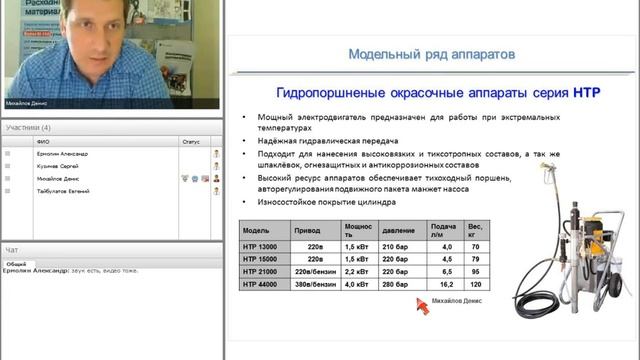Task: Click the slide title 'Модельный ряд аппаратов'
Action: coord(431,53)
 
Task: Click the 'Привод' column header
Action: coord(307,229)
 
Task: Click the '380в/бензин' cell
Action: coord(312,284)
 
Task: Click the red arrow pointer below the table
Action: coord(422,306)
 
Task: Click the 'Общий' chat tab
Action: coord(16,263)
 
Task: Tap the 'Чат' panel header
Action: coord(11,249)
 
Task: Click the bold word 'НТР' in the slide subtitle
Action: coord(585,91)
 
